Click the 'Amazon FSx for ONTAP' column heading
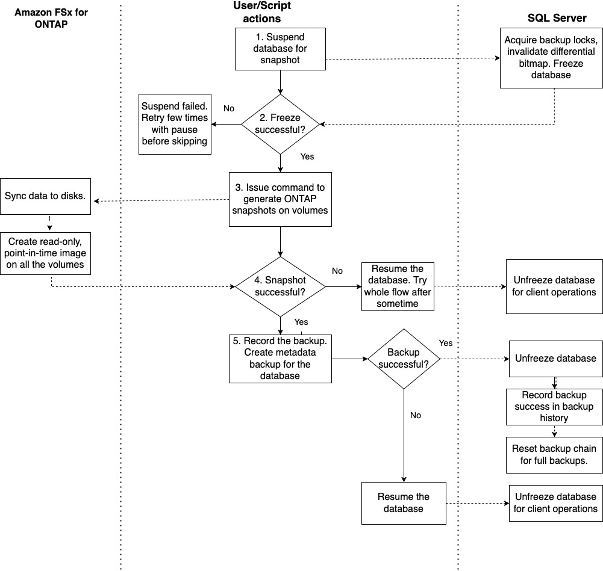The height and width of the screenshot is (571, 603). pyautogui.click(x=51, y=18)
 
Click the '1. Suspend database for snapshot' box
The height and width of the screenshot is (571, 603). pyautogui.click(x=280, y=48)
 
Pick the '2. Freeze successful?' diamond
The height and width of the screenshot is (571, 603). pyautogui.click(x=280, y=125)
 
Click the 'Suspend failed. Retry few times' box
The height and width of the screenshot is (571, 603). pyautogui.click(x=175, y=125)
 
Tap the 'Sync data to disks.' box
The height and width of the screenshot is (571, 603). pyautogui.click(x=46, y=196)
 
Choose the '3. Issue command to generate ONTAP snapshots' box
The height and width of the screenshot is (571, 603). pyautogui.click(x=280, y=199)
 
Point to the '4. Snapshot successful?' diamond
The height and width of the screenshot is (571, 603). pyautogui.click(x=280, y=286)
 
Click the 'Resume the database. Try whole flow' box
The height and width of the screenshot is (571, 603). pyautogui.click(x=398, y=286)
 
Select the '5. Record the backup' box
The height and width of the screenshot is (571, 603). pyautogui.click(x=280, y=359)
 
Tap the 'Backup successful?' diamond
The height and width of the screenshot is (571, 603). pyautogui.click(x=404, y=359)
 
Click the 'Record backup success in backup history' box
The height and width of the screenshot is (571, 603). pyautogui.click(x=554, y=406)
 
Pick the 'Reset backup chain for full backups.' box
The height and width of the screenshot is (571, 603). pyautogui.click(x=554, y=454)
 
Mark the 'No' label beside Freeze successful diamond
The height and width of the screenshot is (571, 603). pyautogui.click(x=229, y=109)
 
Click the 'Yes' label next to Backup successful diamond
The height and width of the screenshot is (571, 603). pyautogui.click(x=446, y=343)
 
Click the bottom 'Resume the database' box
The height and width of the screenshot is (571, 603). pyautogui.click(x=404, y=502)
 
